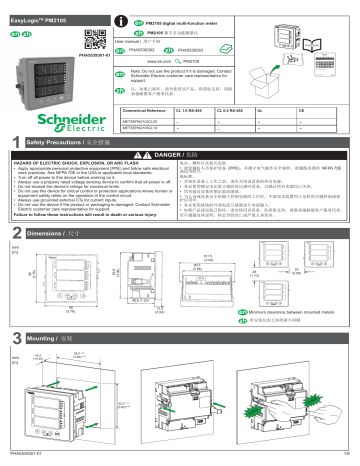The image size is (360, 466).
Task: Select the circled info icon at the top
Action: click(x=123, y=8)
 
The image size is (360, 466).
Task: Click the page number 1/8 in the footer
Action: click(x=346, y=460)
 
